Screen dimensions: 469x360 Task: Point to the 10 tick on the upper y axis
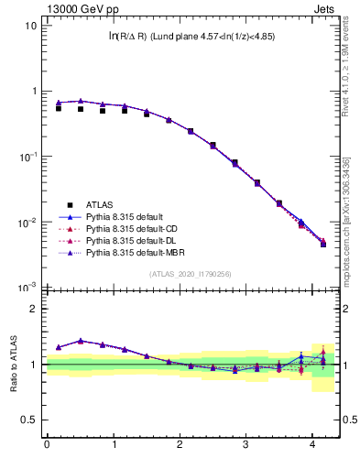[x=31, y=26]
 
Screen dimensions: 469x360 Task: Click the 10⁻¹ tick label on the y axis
[x=27, y=157]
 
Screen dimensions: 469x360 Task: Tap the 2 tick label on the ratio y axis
[x=33, y=309]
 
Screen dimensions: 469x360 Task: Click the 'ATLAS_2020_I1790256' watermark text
[x=191, y=274]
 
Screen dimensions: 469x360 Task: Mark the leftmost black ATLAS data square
[x=58, y=108]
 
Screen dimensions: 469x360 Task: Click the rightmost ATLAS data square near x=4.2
[x=323, y=245]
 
